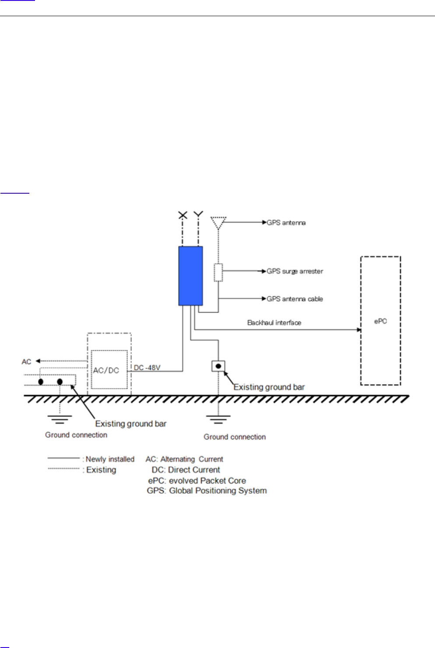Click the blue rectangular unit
tap(190, 275)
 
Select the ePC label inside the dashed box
tap(380, 321)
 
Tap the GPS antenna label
tap(286, 223)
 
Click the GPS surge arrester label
tap(295, 271)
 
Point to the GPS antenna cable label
tap(295, 299)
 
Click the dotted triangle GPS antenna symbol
tap(218, 222)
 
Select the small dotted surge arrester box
tap(218, 272)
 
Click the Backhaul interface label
tap(274, 323)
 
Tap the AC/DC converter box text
tap(106, 370)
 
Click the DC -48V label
tap(147, 368)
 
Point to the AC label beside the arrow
tap(26, 362)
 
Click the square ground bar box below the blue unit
tap(218, 366)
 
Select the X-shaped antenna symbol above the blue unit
tap(183, 215)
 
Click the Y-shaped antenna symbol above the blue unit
tap(198, 214)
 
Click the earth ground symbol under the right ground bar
tap(218, 420)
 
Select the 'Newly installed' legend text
tap(110, 459)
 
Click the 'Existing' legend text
tap(101, 470)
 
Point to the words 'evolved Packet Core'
tap(207, 481)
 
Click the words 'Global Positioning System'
tap(218, 491)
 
